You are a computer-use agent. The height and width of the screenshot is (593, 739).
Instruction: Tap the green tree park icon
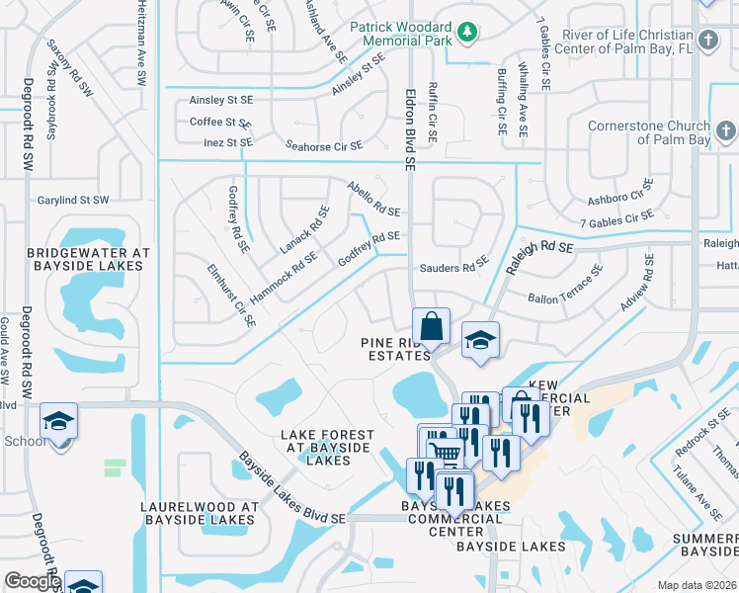(466, 35)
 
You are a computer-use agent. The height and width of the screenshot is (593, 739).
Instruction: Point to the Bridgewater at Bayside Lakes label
(89, 260)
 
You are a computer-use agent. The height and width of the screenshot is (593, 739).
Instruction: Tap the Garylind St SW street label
(73, 200)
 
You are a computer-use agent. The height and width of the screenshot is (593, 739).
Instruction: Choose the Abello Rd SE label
(373, 199)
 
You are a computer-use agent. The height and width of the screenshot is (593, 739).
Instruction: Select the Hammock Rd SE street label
(283, 278)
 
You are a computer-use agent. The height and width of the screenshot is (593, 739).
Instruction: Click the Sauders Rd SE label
(453, 264)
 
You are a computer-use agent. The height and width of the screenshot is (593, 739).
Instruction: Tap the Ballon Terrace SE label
(565, 285)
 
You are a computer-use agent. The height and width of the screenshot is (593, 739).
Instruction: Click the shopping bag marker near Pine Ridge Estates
(432, 325)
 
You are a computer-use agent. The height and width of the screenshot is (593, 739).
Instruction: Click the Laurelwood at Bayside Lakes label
(200, 513)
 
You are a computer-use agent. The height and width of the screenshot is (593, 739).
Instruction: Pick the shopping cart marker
(446, 454)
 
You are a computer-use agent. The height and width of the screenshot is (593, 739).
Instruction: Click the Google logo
(33, 582)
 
